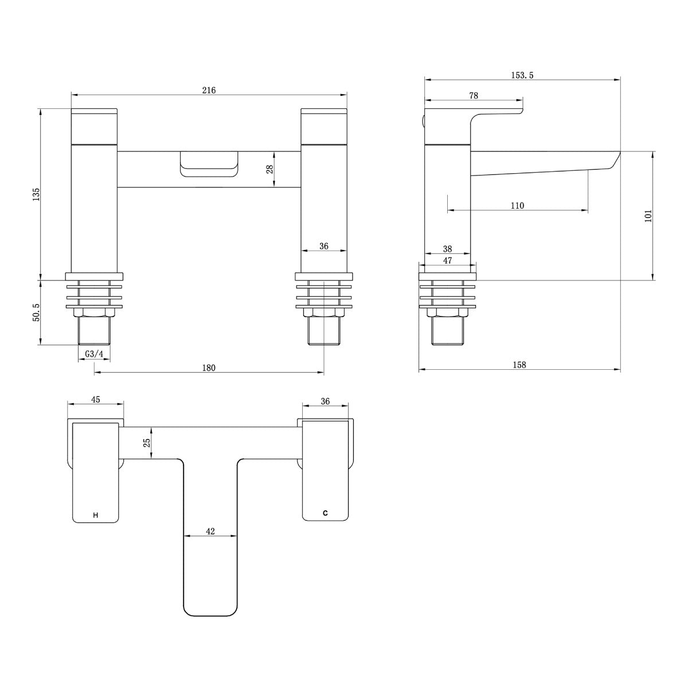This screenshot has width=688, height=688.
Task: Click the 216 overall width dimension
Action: click(209, 90)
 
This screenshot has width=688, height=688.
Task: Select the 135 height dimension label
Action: click(36, 194)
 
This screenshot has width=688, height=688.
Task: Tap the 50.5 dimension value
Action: click(36, 312)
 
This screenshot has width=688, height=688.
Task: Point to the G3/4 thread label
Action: click(94, 354)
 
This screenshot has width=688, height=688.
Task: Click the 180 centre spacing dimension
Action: click(209, 368)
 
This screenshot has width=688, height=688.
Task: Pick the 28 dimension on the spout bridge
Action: click(269, 169)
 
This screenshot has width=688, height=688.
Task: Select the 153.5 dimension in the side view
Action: click(522, 75)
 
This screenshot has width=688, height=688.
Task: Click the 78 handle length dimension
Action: click(473, 96)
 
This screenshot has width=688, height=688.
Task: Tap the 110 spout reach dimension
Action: click(517, 205)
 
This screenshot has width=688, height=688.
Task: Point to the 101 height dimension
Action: click(648, 216)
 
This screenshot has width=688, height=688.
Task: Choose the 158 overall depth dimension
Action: click(519, 365)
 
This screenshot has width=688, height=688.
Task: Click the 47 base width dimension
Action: click(448, 260)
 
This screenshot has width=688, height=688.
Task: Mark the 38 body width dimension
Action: click(448, 249)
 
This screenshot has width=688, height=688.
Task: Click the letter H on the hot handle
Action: click(95, 515)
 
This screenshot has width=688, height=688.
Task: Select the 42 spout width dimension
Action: click(210, 531)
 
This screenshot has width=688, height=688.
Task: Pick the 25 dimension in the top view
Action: click(147, 443)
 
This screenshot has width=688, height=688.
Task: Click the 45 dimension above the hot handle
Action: click(96, 399)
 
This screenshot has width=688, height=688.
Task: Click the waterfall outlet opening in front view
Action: click(209, 163)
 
